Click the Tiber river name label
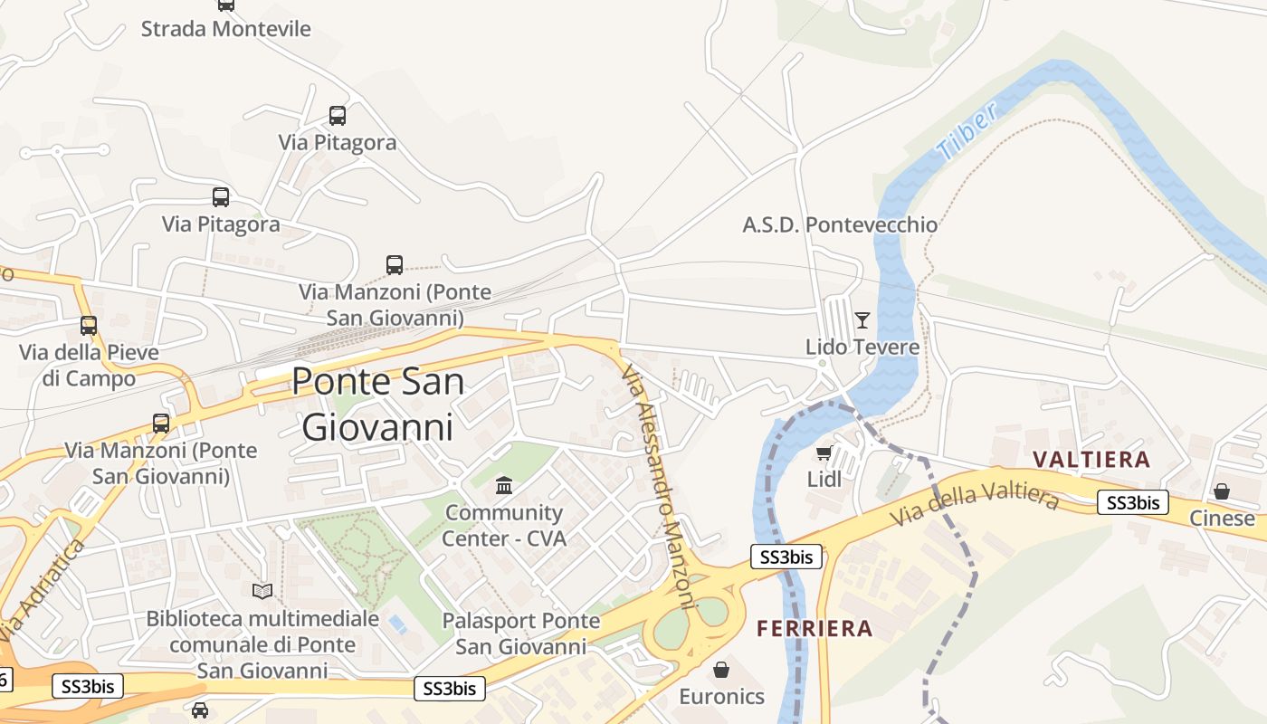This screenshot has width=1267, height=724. pyautogui.click(x=968, y=132)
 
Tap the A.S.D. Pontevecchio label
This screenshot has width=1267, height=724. pyautogui.click(x=840, y=224)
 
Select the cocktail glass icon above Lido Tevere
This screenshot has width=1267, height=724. pyautogui.click(x=862, y=319)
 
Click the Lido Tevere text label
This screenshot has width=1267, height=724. pyautogui.click(x=862, y=347)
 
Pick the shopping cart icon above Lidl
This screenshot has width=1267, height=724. pyautogui.click(x=824, y=452)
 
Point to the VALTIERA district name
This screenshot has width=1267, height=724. pyautogui.click(x=1091, y=460)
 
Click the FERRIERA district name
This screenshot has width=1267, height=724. pyautogui.click(x=814, y=628)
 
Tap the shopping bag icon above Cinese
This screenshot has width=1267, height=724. pyautogui.click(x=1222, y=491)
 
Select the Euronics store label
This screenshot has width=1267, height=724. pyautogui.click(x=721, y=697)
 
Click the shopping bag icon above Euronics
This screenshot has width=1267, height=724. pyautogui.click(x=721, y=670)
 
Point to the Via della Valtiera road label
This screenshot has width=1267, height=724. pyautogui.click(x=974, y=507)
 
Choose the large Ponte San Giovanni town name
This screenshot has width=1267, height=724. pyautogui.click(x=377, y=404)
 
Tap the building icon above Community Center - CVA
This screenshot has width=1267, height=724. pyautogui.click(x=504, y=486)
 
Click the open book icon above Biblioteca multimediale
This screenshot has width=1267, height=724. pyautogui.click(x=262, y=591)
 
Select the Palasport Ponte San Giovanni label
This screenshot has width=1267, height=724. pyautogui.click(x=520, y=633)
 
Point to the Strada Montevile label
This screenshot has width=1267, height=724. pyautogui.click(x=225, y=29)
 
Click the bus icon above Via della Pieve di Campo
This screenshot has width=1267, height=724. pyautogui.click(x=89, y=326)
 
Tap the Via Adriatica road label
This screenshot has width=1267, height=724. pyautogui.click(x=43, y=588)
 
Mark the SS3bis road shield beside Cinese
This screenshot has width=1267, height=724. pyautogui.click(x=1132, y=502)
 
